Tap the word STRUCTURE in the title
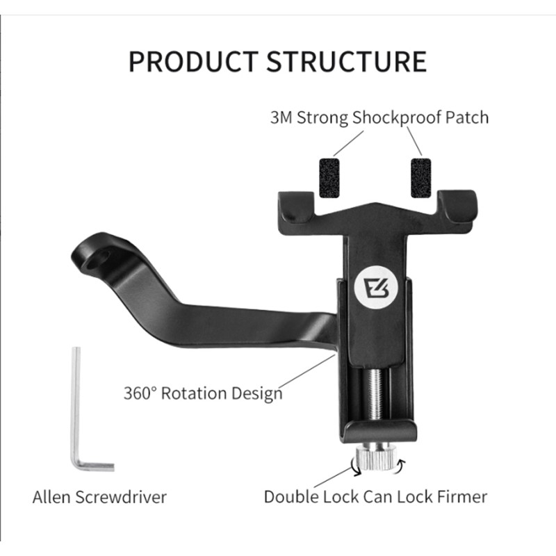[347, 61]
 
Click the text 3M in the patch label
[281, 117]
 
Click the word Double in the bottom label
[289, 497]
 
